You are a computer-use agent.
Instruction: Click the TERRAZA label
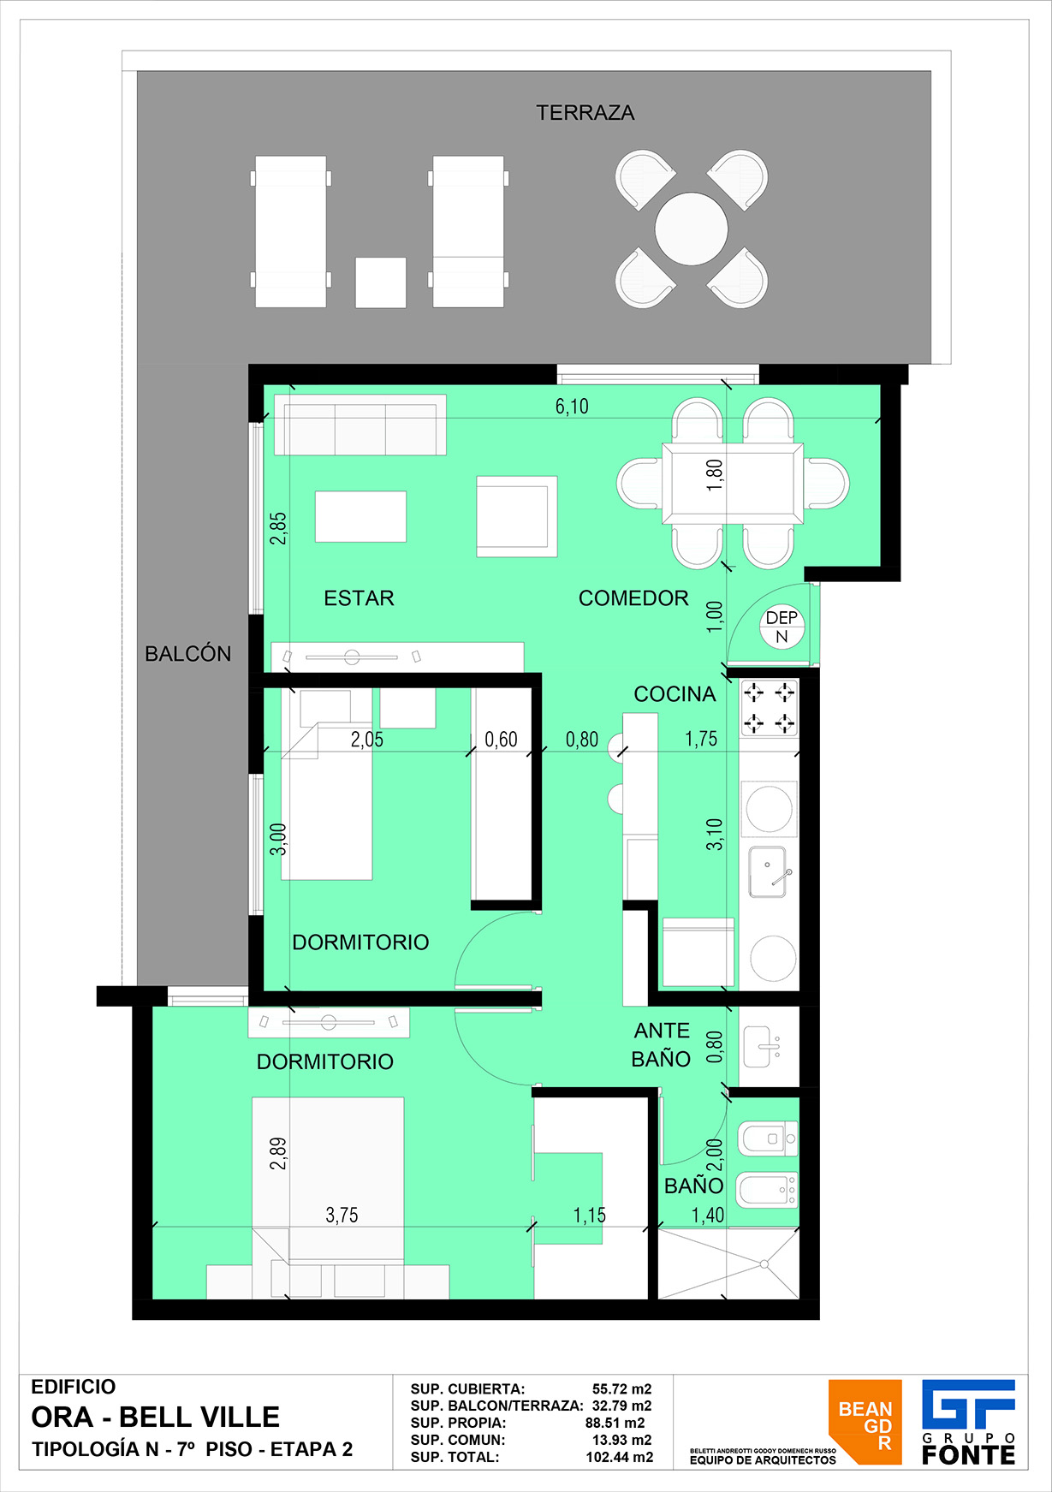coord(585,113)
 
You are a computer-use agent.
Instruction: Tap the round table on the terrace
coord(692,229)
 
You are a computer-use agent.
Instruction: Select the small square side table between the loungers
coord(381,282)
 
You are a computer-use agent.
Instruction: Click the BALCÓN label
coord(188,653)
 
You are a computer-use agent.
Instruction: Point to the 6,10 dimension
coord(572,407)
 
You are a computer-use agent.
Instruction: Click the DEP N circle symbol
coord(782,627)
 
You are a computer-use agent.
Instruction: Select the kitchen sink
coord(768,871)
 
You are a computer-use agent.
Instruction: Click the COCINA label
coord(675,694)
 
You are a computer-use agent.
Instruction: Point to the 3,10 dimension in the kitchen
coord(715,835)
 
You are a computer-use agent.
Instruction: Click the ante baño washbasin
coord(762,1046)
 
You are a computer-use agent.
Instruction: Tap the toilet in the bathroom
coord(768,1138)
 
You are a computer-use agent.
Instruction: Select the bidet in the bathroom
coord(768,1188)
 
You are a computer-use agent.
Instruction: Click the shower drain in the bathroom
coord(764,1263)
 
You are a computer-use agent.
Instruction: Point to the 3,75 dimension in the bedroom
coord(342,1216)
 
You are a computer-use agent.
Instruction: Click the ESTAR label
coord(359,598)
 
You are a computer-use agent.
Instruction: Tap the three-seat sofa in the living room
coord(360,425)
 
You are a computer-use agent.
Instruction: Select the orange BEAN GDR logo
coord(865,1422)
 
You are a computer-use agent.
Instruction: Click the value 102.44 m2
coord(620,1457)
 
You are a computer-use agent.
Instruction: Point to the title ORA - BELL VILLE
coord(156,1418)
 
